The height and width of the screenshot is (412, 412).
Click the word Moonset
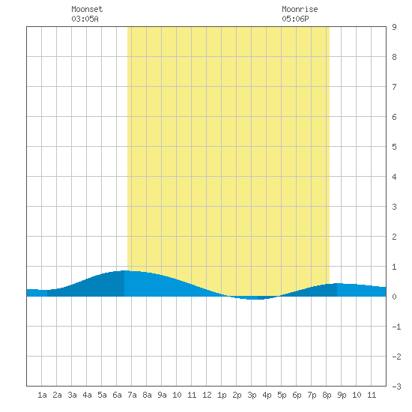point(87,9)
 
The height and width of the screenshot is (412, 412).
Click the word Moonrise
point(300,9)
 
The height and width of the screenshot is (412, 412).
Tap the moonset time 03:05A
point(85,19)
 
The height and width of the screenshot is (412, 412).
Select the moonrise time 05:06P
point(295,19)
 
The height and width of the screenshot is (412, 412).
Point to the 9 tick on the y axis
point(394,27)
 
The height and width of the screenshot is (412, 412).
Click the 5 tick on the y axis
point(394,147)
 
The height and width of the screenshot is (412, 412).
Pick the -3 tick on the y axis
point(396,387)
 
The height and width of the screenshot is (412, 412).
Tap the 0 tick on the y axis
point(394,297)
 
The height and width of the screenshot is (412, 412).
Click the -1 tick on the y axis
point(396,327)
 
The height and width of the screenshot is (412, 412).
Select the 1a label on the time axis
point(42,395)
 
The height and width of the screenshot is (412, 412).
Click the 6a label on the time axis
point(117,395)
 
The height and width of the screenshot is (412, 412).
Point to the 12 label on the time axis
point(207,395)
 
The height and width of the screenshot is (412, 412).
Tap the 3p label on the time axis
point(252,395)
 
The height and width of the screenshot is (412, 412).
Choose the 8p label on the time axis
point(327,395)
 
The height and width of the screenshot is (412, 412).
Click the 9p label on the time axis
point(342,395)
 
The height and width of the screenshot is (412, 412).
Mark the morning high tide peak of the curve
point(126,270)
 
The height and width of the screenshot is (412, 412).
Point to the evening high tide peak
point(338,284)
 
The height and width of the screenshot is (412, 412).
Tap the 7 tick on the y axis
point(394,87)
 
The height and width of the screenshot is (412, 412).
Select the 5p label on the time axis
point(282,395)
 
